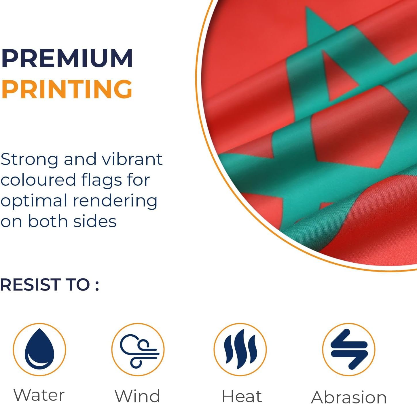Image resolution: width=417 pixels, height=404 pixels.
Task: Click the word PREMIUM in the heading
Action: click(x=67, y=58)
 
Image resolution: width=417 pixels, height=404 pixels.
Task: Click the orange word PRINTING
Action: click(x=67, y=89)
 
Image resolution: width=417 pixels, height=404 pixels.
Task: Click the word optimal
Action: click(x=34, y=201)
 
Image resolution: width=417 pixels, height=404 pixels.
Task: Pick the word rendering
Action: click(x=115, y=201)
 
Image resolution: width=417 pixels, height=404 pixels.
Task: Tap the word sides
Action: click(x=95, y=221)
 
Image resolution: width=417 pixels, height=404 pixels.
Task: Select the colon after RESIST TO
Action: click(x=97, y=286)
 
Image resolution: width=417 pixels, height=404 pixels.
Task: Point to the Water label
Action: click(x=39, y=395)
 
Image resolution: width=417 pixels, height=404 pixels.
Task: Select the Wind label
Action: click(x=138, y=396)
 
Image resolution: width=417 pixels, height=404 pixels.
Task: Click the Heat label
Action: click(x=242, y=396)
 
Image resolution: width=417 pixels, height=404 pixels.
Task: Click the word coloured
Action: click(x=38, y=180)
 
